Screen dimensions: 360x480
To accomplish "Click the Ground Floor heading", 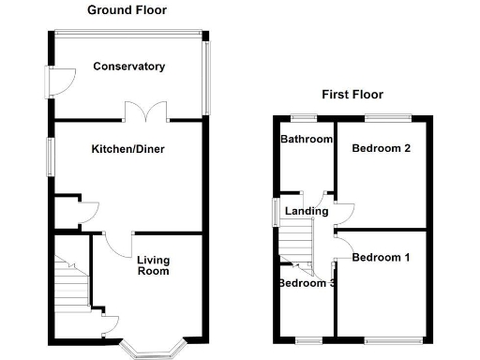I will [x=127, y=9].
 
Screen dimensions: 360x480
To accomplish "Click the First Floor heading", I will [x=352, y=95].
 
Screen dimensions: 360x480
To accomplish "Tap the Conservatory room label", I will [x=129, y=67].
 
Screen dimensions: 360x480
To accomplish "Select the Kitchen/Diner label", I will [x=129, y=149].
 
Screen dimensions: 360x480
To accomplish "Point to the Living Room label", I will [x=153, y=265].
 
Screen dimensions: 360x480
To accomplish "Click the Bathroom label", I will [x=307, y=140].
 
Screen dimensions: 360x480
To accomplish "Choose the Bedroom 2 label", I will [x=382, y=148].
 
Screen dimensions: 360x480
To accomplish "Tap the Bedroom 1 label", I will [x=380, y=257].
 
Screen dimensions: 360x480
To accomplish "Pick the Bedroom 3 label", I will [x=307, y=283].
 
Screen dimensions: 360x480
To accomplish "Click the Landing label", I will [x=307, y=211].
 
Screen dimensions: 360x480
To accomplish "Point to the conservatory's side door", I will [x=54, y=82].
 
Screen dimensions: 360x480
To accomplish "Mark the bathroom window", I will [x=302, y=117].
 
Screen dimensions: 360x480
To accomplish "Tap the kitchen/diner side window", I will [x=52, y=156].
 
